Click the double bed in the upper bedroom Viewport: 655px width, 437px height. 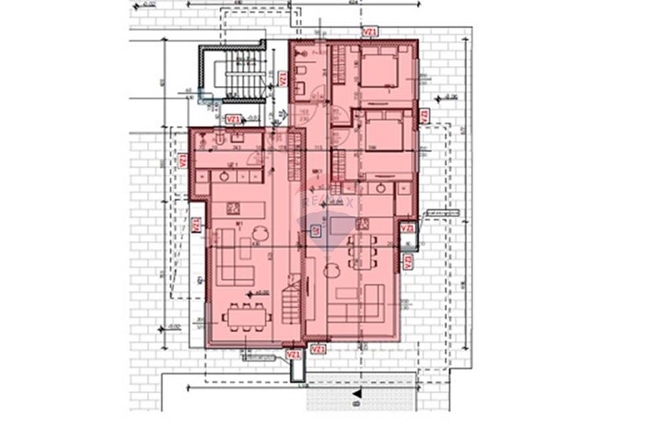pyautogui.click(x=378, y=69)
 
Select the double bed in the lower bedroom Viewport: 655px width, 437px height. pyautogui.click(x=383, y=132)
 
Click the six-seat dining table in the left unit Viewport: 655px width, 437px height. pyautogui.click(x=246, y=317)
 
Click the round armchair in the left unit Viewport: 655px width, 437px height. pyautogui.click(x=261, y=231)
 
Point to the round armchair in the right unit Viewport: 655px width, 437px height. pyautogui.click(x=331, y=269)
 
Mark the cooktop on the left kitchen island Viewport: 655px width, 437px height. pyautogui.click(x=232, y=208)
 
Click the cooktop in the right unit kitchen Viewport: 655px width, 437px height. pyautogui.click(x=361, y=225)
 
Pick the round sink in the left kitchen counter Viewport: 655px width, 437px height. pyautogui.click(x=225, y=176)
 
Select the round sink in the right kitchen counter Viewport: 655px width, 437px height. pyautogui.click(x=381, y=189)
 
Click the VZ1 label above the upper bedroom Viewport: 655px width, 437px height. pyautogui.click(x=370, y=31)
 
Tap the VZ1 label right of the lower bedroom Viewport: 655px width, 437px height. pyautogui.click(x=424, y=116)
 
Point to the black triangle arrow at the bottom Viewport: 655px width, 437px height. pyautogui.click(x=357, y=393)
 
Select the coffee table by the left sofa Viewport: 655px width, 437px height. pyautogui.click(x=245, y=249)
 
